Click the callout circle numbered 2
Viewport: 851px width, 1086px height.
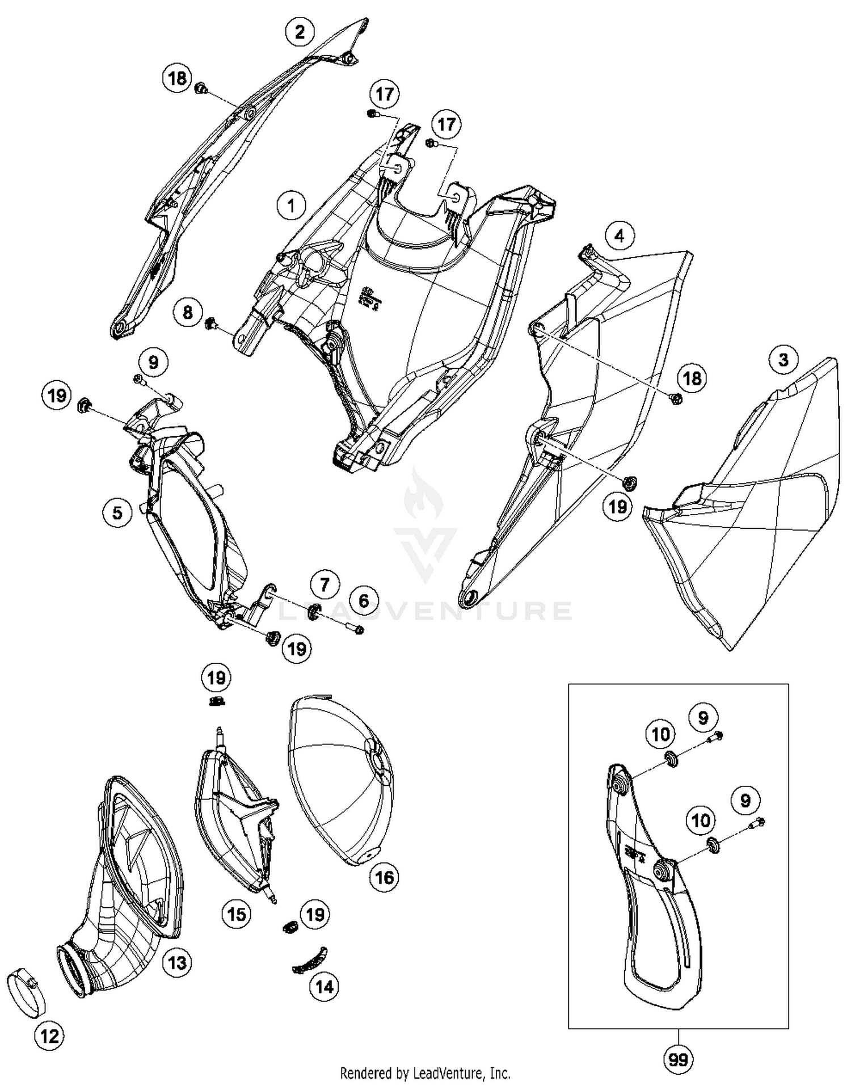pos(300,32)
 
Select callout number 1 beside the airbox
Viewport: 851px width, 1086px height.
pos(291,205)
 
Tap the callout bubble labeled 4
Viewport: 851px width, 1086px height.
pos(619,235)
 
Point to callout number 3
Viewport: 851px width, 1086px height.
pos(783,359)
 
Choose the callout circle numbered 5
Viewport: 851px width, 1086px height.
pos(117,513)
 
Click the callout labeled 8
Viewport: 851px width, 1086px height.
pos(187,312)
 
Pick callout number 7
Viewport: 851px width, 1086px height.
pos(325,584)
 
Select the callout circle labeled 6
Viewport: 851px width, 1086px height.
pos(364,600)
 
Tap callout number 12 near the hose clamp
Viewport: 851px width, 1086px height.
pos(49,1037)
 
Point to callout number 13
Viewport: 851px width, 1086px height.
pos(177,963)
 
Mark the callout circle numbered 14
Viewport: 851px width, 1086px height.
pos(324,987)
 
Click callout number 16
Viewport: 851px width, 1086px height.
pos(384,878)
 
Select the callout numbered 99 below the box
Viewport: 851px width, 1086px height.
pos(678,1059)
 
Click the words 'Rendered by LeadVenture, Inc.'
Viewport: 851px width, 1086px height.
pos(425,1073)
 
